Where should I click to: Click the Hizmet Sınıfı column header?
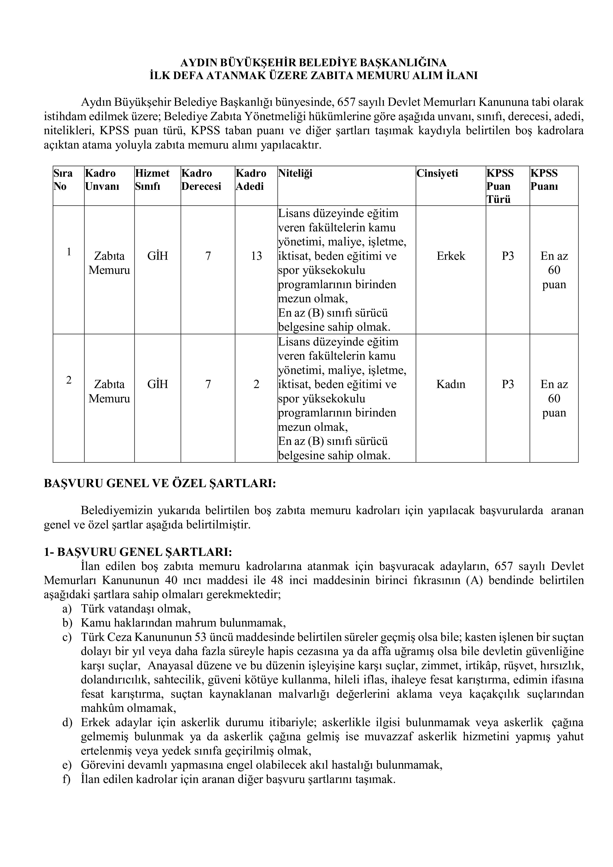[152, 180]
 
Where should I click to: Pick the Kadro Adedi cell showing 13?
[256, 256]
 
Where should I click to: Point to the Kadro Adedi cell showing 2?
[256, 384]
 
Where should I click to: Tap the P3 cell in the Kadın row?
[508, 384]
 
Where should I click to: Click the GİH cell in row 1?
[157, 256]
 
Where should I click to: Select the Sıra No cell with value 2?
[69, 380]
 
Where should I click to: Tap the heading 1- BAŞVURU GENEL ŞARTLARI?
[138, 552]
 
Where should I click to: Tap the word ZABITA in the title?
[331, 76]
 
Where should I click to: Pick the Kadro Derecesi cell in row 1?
[208, 256]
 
